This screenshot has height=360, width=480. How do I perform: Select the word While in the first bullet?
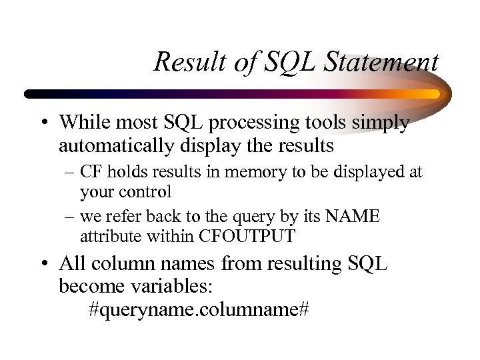pos(81,123)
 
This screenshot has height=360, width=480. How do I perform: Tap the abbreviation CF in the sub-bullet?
pos(91,173)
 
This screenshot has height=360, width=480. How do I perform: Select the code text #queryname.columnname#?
pos(199,310)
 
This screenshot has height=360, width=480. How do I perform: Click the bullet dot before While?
pos(43,124)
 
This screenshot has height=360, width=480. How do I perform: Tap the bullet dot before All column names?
pos(43,265)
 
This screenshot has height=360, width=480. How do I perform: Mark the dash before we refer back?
pos(69,217)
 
